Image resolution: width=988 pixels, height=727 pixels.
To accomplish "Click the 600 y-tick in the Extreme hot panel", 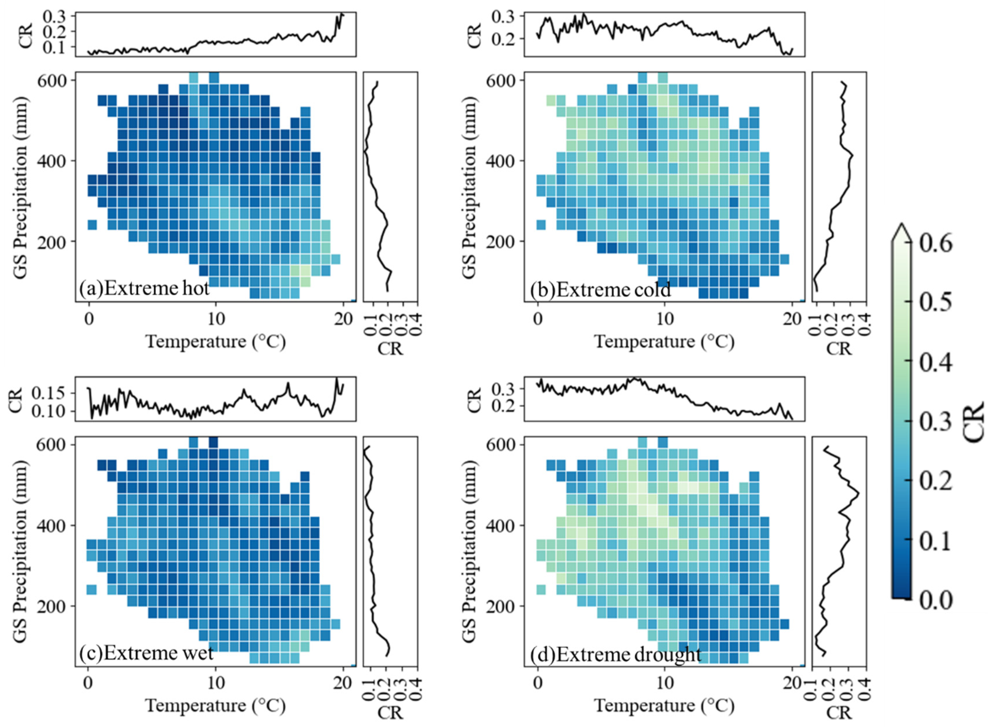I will click(52, 81).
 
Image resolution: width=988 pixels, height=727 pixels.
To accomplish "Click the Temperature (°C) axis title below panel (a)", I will click(216, 341).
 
